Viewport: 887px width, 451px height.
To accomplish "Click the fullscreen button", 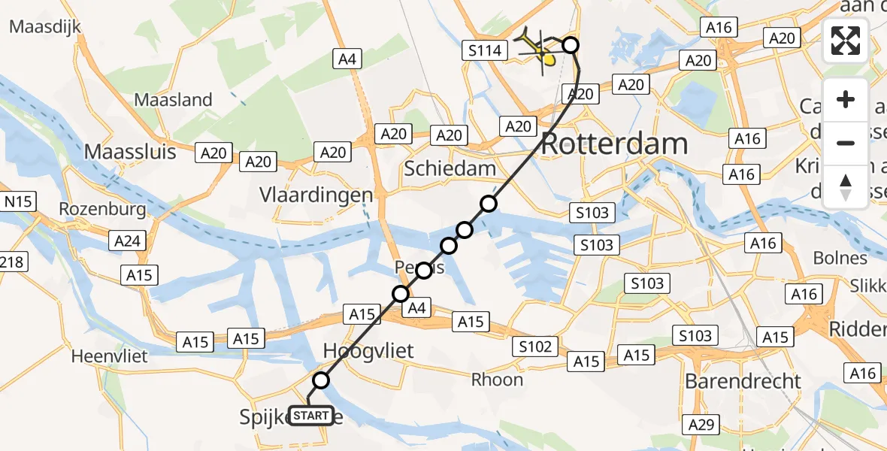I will [x=846, y=40].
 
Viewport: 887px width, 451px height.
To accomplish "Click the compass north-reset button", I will [x=846, y=187].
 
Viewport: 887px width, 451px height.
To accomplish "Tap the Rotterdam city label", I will [x=614, y=144].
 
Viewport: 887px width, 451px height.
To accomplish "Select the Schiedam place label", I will [x=450, y=168].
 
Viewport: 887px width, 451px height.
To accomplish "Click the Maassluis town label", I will [x=130, y=151].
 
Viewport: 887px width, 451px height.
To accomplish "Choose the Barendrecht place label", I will [x=743, y=381].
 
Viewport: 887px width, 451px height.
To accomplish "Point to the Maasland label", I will [x=173, y=99].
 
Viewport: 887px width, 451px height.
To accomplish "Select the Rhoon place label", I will [x=497, y=380].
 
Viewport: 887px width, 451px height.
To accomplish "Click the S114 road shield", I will [x=483, y=51].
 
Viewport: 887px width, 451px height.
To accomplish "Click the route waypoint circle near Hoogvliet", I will [x=321, y=380].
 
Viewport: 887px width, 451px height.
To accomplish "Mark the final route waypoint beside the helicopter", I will [x=571, y=45].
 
